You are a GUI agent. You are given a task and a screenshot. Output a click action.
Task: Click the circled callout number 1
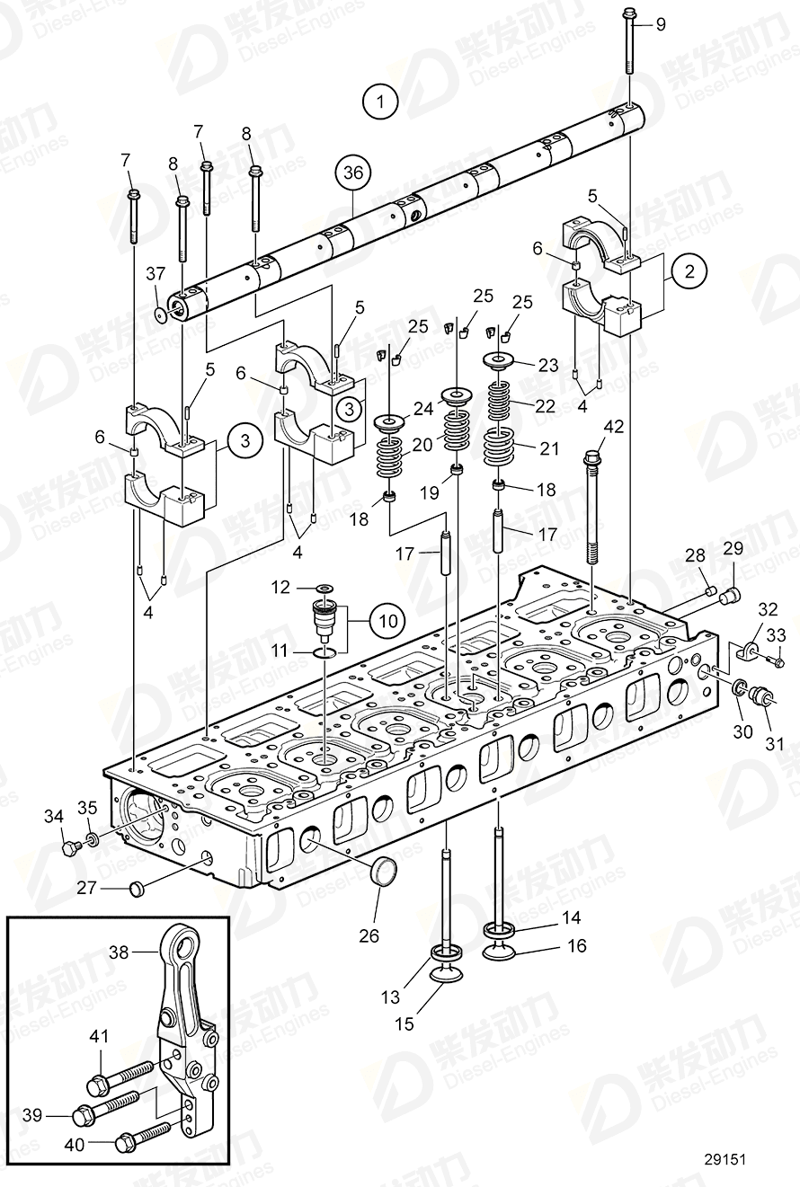(x=382, y=101)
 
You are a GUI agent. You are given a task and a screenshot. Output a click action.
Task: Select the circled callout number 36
(x=353, y=174)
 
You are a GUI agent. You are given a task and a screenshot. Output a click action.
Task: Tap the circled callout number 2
(x=690, y=270)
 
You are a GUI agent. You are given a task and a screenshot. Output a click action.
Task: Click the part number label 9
(x=661, y=24)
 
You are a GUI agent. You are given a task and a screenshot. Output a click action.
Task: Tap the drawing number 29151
(x=726, y=1160)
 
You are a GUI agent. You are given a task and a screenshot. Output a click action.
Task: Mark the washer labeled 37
(x=160, y=314)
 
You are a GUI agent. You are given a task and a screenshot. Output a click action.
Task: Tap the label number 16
(x=576, y=945)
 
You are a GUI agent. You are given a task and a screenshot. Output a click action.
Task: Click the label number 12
(x=281, y=587)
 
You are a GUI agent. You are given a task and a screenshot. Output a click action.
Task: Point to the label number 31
(x=774, y=743)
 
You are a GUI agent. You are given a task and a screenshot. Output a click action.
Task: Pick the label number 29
(x=733, y=549)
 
